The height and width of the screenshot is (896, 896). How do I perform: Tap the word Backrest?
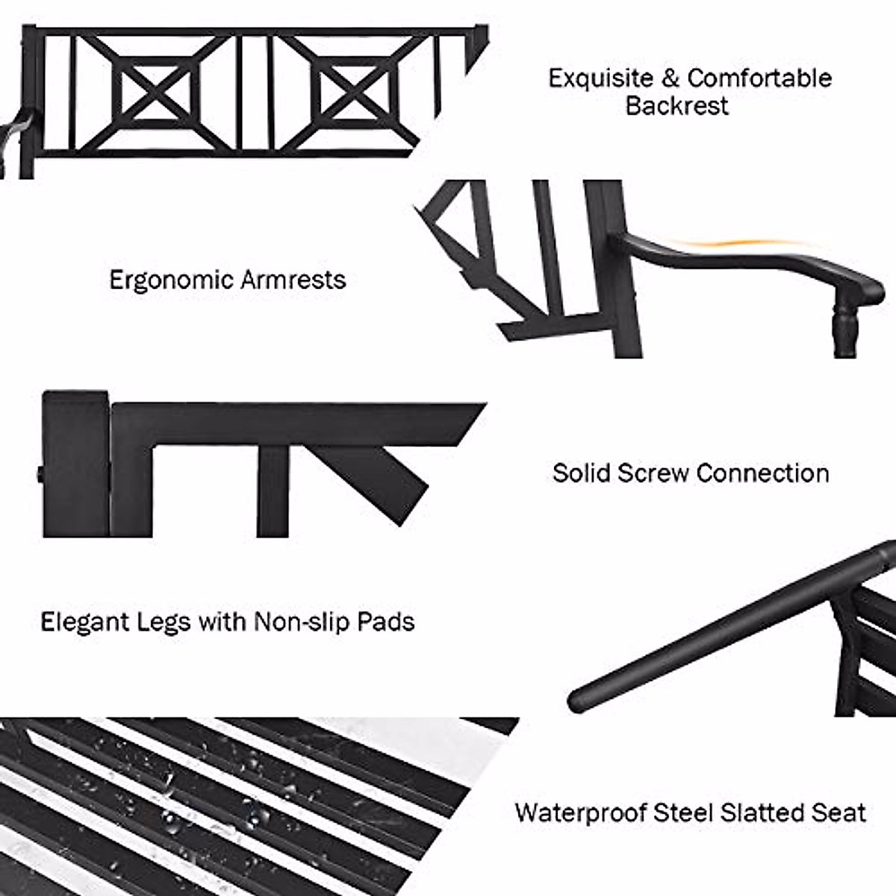click(676, 106)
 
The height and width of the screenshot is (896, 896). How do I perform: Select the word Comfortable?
click(759, 78)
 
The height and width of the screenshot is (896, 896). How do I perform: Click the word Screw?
click(653, 473)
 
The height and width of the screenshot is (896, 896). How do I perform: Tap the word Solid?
click(580, 473)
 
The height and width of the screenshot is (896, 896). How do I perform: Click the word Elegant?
click(89, 622)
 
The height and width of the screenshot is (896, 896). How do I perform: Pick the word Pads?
click(385, 621)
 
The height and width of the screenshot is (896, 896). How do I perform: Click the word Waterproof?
click(580, 812)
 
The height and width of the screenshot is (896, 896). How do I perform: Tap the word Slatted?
click(755, 812)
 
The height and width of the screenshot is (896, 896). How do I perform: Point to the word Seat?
click(838, 812)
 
